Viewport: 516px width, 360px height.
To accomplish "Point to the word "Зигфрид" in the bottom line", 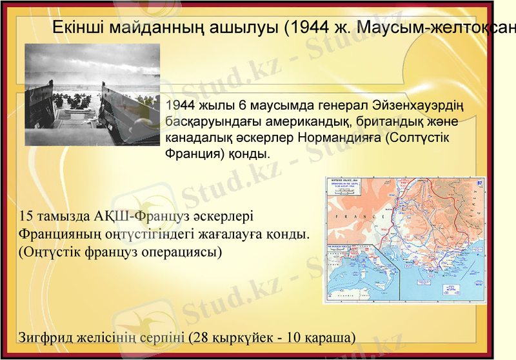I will click(x=45, y=337).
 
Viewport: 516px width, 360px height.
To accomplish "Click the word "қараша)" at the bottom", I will click(x=333, y=337).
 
